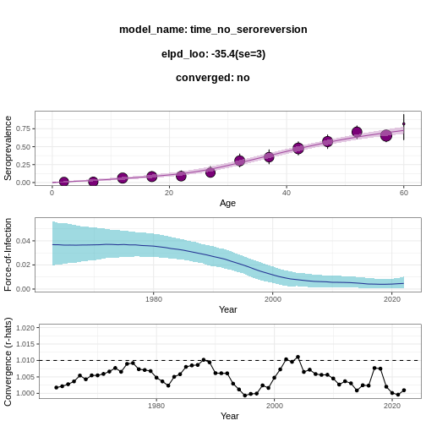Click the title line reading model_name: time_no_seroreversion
213,30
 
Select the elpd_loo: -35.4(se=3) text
213,54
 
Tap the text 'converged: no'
213,78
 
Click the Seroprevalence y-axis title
8,148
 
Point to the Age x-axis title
227,203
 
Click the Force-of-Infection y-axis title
8,254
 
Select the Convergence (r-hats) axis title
8,362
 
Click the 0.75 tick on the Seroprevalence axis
23,128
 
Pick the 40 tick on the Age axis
287,193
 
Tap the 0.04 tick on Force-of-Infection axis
23,241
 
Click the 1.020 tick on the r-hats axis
25,328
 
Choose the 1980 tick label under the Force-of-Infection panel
154,299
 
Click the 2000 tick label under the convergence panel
275,406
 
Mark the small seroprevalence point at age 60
404,123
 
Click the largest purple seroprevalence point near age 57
386,135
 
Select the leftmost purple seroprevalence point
64,182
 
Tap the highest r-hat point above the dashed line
298,357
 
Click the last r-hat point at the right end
404,390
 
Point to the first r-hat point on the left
57,388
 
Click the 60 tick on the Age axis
404,193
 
